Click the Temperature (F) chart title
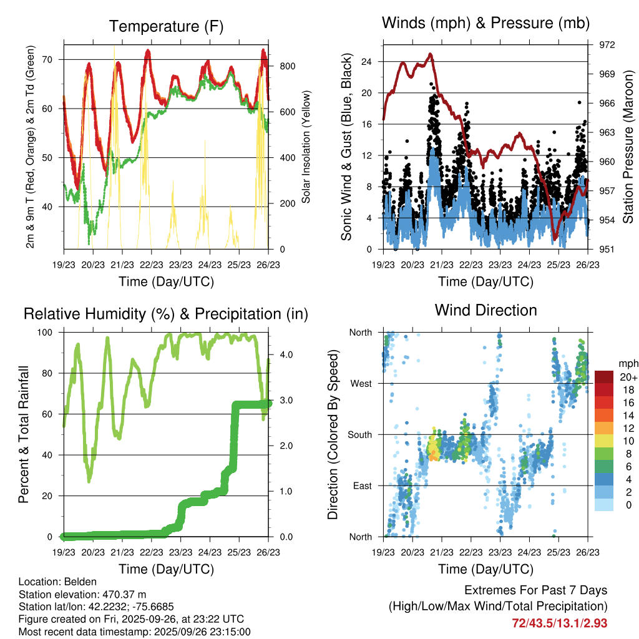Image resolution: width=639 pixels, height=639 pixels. pos(166,26)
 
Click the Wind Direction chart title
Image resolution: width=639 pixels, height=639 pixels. pos(485,310)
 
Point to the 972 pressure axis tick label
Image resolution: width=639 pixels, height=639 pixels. pos(607,45)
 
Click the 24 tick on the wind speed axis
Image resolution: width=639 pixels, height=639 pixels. pos(366,62)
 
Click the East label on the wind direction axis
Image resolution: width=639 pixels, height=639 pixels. pos(361,485)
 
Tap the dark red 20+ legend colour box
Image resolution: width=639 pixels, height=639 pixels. pos(604,378)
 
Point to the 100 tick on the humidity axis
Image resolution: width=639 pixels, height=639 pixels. pos(46,332)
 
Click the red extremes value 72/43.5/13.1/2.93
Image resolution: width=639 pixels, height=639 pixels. pos(559,623)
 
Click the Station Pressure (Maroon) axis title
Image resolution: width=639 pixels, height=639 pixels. pos(628,147)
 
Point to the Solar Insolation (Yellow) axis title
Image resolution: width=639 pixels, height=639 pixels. pos(306,147)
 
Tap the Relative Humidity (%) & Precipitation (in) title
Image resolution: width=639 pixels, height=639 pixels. pos(166,314)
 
